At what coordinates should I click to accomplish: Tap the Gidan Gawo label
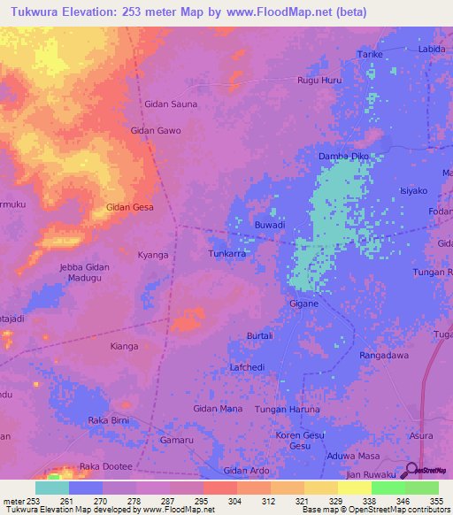[x=156, y=130]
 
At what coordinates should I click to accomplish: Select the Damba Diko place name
[x=343, y=157]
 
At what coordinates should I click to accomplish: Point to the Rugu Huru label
[x=319, y=81]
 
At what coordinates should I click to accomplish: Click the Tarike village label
[x=369, y=54]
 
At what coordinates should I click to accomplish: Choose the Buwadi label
[x=269, y=226]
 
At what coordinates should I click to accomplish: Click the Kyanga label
[x=153, y=255]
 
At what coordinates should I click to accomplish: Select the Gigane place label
[x=303, y=304]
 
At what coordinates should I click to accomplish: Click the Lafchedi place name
[x=247, y=366]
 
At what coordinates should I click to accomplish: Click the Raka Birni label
[x=110, y=419]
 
